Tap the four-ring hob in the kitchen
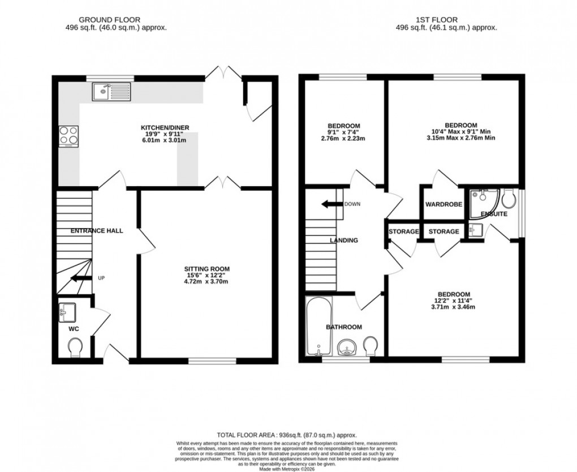68,136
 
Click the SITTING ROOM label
207,268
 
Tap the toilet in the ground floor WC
75,347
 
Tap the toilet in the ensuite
508,198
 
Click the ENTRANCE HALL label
97,231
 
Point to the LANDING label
344,241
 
